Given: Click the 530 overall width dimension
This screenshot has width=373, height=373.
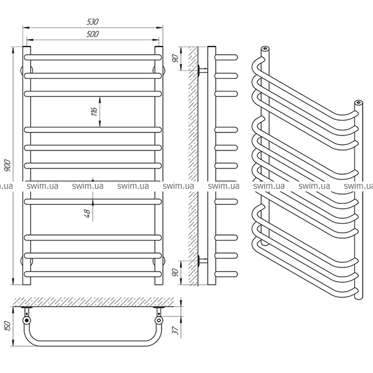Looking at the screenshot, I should tap(93, 22).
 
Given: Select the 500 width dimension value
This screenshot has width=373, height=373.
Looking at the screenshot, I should tap(93, 34).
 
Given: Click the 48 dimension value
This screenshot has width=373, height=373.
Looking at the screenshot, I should tap(88, 212).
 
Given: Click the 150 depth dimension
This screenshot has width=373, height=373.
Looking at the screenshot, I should tap(7, 324).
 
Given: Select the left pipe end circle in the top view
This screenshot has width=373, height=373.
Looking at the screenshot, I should tap(27, 321).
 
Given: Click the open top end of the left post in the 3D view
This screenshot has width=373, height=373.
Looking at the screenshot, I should tap(265, 48).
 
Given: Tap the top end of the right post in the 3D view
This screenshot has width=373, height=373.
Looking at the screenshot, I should tap(358, 102).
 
